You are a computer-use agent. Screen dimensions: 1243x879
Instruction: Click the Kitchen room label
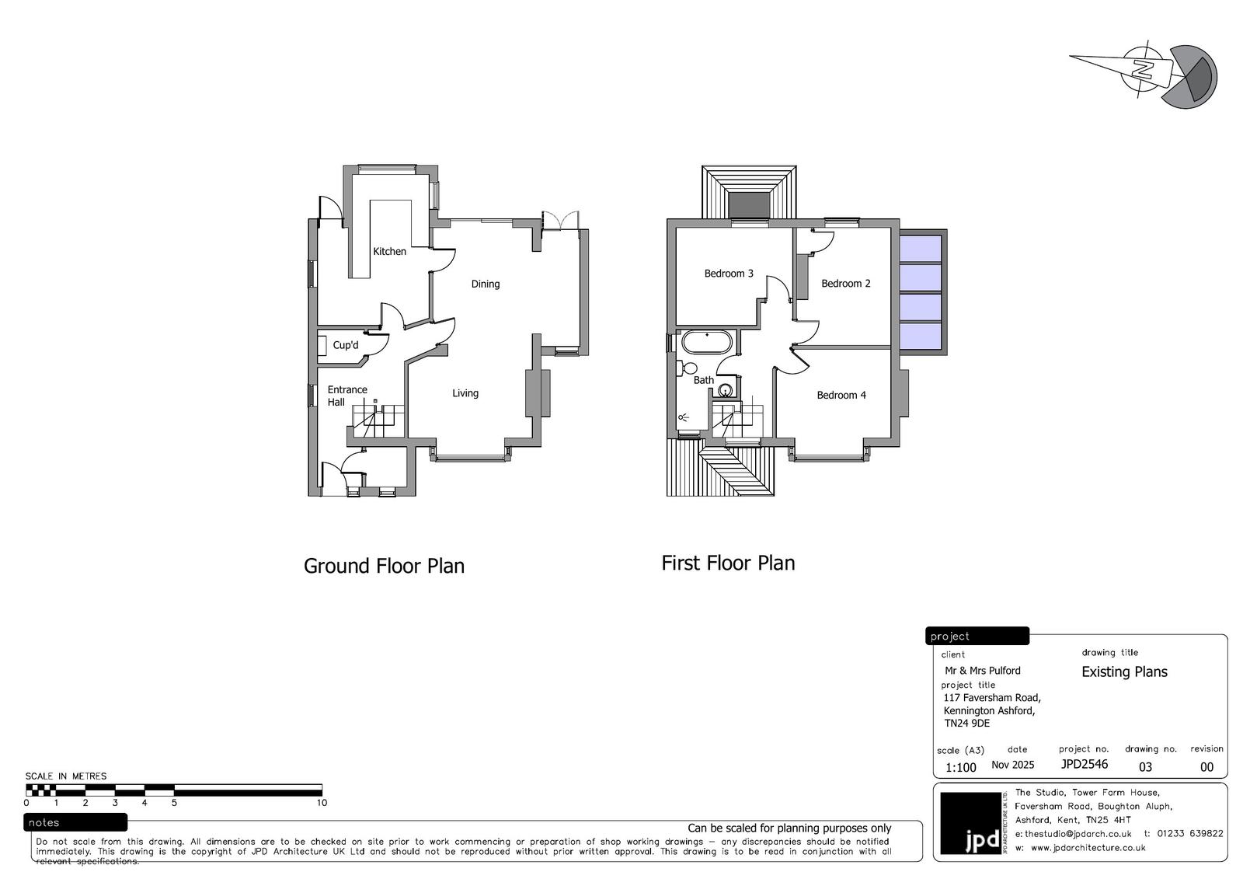(x=389, y=252)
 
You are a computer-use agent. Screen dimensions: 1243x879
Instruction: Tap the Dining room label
(x=486, y=284)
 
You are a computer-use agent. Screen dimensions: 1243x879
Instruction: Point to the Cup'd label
(x=345, y=345)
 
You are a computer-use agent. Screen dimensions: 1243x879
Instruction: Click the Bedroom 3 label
(x=729, y=274)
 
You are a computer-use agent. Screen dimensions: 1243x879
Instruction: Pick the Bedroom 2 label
(x=846, y=283)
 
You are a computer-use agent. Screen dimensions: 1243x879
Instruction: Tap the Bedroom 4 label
(x=841, y=396)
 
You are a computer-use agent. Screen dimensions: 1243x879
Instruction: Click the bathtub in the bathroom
(x=707, y=342)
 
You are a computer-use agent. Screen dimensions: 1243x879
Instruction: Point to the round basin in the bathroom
(x=726, y=390)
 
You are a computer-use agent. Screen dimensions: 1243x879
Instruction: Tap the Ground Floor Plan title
(x=384, y=566)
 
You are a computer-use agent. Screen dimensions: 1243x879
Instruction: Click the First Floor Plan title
(x=728, y=563)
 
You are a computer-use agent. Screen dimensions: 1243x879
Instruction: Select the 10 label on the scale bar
(x=322, y=803)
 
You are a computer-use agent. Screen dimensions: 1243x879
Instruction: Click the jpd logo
(x=971, y=823)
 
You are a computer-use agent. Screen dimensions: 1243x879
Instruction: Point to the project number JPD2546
(x=1085, y=764)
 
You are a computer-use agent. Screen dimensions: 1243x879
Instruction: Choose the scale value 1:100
(x=960, y=767)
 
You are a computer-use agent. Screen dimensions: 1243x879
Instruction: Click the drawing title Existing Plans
(x=1124, y=672)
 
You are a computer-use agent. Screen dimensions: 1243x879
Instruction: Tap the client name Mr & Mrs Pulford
(x=982, y=671)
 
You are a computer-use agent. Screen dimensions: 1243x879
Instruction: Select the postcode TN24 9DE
(x=966, y=724)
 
